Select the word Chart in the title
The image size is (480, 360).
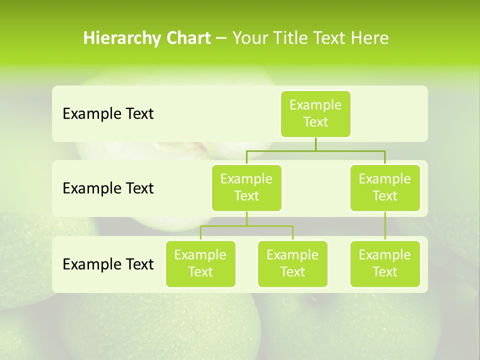coord(188,38)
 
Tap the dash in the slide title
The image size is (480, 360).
coord(221,38)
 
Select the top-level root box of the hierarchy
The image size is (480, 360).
coord(315,113)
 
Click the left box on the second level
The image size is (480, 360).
coord(246,187)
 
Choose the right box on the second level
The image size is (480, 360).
coord(385,187)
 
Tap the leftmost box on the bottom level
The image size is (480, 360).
coord(200,263)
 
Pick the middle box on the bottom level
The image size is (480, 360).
coord(292,263)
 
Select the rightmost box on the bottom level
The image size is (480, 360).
coord(385,263)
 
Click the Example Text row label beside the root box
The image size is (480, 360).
coord(108,114)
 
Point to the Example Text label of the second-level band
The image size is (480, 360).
coord(108,188)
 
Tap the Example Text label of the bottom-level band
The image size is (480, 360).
coord(108,264)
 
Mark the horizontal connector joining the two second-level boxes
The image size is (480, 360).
coord(315,150)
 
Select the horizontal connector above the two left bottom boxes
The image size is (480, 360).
coord(246,226)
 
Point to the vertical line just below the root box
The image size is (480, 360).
coord(315,144)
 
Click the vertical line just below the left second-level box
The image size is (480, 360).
coord(246,218)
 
